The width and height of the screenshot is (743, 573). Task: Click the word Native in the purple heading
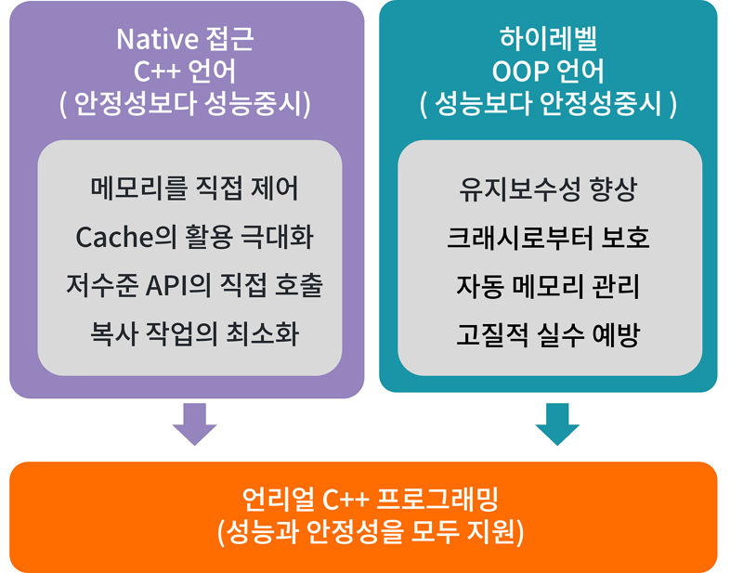(157, 39)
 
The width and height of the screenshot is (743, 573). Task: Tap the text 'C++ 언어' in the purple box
(184, 72)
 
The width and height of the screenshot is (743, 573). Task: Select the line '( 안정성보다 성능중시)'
(185, 104)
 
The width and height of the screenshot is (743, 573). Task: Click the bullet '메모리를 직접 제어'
(194, 189)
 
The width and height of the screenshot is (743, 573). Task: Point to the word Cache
(113, 237)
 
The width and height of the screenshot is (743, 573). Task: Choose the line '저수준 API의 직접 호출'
(194, 285)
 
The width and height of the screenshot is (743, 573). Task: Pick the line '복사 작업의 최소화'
(194, 333)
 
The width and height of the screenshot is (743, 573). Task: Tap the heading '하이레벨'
(548, 39)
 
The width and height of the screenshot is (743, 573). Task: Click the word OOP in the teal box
(520, 72)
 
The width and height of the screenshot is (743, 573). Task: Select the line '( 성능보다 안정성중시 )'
(548, 104)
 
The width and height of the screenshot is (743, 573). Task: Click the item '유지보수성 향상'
(548, 189)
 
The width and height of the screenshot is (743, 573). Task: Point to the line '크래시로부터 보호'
(548, 237)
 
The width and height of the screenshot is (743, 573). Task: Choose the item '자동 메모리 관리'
(548, 286)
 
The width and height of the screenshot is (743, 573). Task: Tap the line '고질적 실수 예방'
(548, 334)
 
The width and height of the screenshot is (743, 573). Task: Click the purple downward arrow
(195, 424)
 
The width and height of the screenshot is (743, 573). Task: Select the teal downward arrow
(557, 424)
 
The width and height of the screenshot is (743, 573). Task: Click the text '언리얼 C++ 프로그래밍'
(370, 499)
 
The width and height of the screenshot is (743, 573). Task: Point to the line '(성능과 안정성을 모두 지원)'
(370, 532)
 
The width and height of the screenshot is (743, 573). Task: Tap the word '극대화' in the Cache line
(278, 237)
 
